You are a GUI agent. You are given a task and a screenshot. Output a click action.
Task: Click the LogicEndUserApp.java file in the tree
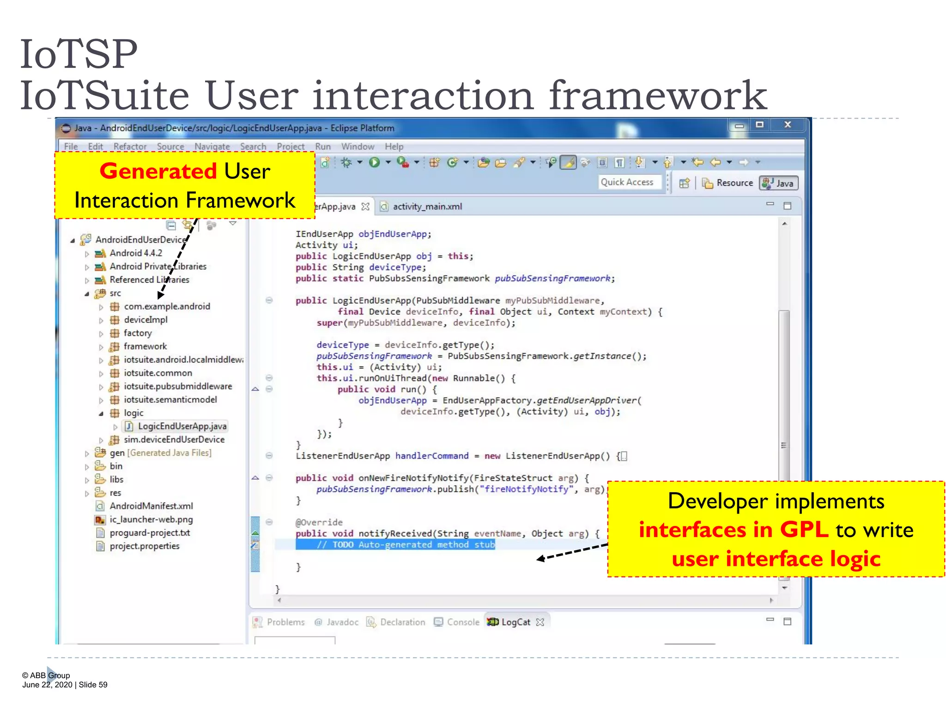182,426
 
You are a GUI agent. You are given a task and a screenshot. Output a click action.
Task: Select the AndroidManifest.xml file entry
151,506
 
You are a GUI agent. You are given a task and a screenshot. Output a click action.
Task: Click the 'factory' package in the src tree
137,333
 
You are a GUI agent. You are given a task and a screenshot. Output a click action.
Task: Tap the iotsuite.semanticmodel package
170,399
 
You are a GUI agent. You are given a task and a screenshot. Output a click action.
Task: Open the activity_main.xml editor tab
427,207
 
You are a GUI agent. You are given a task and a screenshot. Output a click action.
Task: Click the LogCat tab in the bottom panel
515,622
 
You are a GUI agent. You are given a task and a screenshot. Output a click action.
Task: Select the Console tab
463,622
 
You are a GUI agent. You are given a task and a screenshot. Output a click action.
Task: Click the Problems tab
285,622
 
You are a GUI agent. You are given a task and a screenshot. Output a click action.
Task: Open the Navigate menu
212,147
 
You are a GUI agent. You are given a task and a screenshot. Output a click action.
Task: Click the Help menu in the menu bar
394,147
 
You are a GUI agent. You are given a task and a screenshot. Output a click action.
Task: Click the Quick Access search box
627,182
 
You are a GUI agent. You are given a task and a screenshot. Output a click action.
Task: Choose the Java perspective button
779,183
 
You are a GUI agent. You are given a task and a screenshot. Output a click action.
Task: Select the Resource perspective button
729,183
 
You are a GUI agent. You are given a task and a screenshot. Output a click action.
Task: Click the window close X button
788,125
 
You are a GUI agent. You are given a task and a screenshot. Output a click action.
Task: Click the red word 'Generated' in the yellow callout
158,171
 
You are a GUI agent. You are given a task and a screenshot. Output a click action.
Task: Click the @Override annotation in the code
319,522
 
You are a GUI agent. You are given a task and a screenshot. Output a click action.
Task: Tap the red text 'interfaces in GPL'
733,530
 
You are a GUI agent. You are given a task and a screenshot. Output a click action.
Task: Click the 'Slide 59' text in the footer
93,685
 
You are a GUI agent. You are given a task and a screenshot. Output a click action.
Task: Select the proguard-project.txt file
150,532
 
